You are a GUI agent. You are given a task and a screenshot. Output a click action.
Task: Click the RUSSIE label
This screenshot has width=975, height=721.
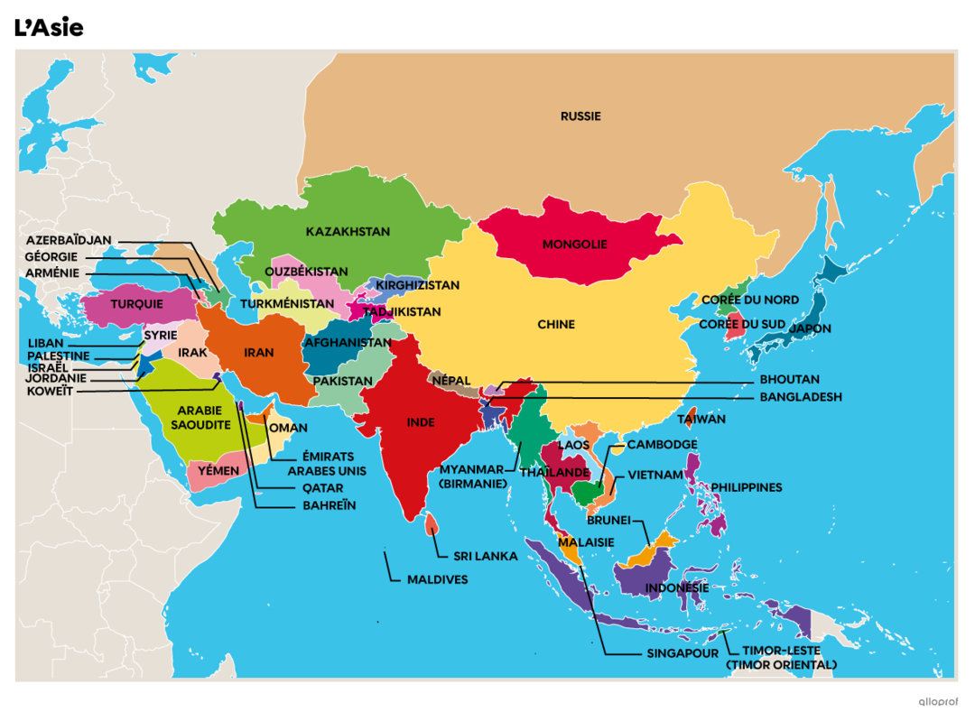[580, 116]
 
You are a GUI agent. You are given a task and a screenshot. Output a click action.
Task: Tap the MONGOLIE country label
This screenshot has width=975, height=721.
[574, 245]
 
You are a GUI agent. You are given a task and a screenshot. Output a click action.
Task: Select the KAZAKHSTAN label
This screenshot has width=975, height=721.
[348, 232]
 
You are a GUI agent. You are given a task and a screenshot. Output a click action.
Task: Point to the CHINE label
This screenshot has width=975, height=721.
[556, 325]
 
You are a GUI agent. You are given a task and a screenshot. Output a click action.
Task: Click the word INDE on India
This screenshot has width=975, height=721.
[421, 422]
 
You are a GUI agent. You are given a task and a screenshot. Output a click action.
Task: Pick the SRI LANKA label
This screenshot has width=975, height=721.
[486, 556]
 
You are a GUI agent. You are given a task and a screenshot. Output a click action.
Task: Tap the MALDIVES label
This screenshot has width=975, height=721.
[437, 579]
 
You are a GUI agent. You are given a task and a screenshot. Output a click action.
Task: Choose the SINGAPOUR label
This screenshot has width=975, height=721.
[682, 653]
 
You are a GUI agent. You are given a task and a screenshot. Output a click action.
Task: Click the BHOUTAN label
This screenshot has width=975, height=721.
[789, 380]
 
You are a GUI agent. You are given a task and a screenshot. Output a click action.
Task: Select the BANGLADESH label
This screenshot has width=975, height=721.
[800, 397]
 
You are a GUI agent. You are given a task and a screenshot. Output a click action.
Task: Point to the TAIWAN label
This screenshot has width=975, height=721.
[701, 420]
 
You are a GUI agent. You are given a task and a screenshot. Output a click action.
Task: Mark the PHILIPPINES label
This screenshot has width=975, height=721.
[746, 487]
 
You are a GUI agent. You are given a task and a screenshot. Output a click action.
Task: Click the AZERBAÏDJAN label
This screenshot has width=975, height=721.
[69, 240]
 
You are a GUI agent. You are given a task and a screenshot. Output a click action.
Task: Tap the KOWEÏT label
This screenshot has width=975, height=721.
[51, 392]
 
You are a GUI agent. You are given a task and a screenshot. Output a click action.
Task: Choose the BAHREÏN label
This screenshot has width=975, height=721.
[329, 505]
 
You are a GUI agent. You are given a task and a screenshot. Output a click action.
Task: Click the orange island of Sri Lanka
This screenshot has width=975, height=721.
[432, 522]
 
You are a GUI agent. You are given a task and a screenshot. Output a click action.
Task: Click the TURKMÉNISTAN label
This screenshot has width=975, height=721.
[287, 304]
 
